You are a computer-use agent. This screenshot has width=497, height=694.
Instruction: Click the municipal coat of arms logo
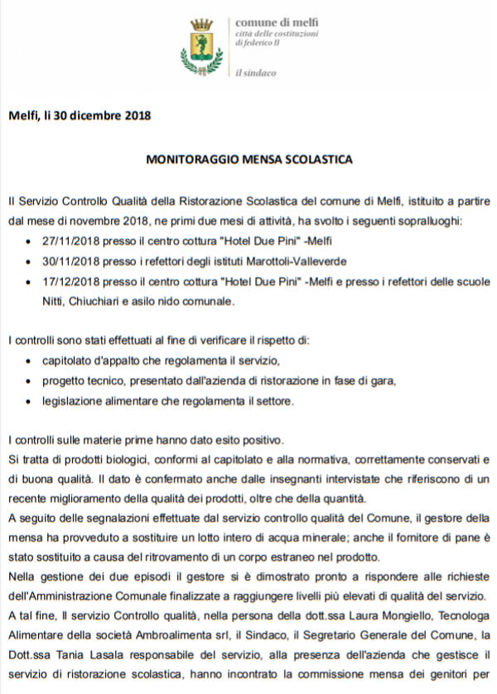coord(202,46)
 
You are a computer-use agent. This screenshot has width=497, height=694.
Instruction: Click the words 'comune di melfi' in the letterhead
coord(266,22)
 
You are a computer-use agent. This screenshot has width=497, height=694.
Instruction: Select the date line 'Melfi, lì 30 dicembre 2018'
coord(80,115)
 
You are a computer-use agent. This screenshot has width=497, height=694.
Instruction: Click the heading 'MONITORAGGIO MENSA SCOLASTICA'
coord(248,158)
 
